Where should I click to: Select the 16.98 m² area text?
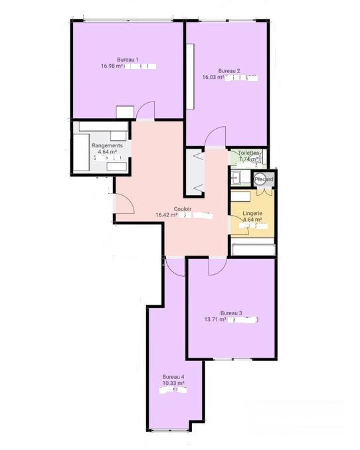[114, 66]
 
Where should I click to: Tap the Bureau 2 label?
[228, 71]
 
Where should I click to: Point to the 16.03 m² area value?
[213, 78]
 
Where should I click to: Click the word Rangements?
[107, 145]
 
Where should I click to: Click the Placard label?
[264, 179]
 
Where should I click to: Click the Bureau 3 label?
[231, 313]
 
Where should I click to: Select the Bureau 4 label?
[173, 377]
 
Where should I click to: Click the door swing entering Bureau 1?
[145, 110]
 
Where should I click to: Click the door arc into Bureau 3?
[218, 265]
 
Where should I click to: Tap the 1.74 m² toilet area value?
[249, 159]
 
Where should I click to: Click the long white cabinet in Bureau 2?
[191, 76]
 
